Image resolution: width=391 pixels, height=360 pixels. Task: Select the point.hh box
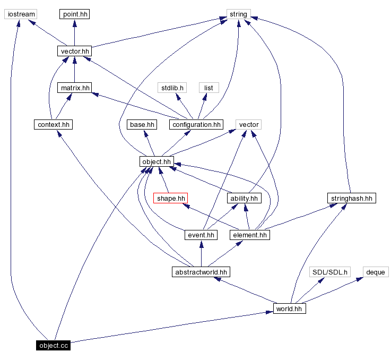[x=74, y=14]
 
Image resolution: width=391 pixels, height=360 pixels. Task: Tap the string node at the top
[x=238, y=14]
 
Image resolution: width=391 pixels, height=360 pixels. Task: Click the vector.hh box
[x=74, y=51]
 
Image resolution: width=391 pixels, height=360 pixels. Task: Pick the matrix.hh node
[x=74, y=88]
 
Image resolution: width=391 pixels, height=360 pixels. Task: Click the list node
[x=208, y=88]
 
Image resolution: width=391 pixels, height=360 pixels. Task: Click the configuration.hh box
[x=196, y=125]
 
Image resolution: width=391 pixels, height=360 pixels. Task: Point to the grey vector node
[x=249, y=125]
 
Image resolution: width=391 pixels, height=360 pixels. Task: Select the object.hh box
[x=157, y=161]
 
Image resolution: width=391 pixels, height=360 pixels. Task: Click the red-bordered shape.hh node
[x=171, y=198]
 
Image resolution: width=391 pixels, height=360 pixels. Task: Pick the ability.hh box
[x=244, y=198]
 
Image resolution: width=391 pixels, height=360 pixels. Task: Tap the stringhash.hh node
[x=351, y=198]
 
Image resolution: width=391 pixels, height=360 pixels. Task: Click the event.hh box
[x=201, y=235]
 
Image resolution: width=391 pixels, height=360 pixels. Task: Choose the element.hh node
[x=250, y=235]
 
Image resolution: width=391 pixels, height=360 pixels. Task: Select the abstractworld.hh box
[x=201, y=272]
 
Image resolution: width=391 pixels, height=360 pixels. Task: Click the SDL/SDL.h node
[x=330, y=272]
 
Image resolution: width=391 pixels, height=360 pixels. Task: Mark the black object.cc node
[x=53, y=346]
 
